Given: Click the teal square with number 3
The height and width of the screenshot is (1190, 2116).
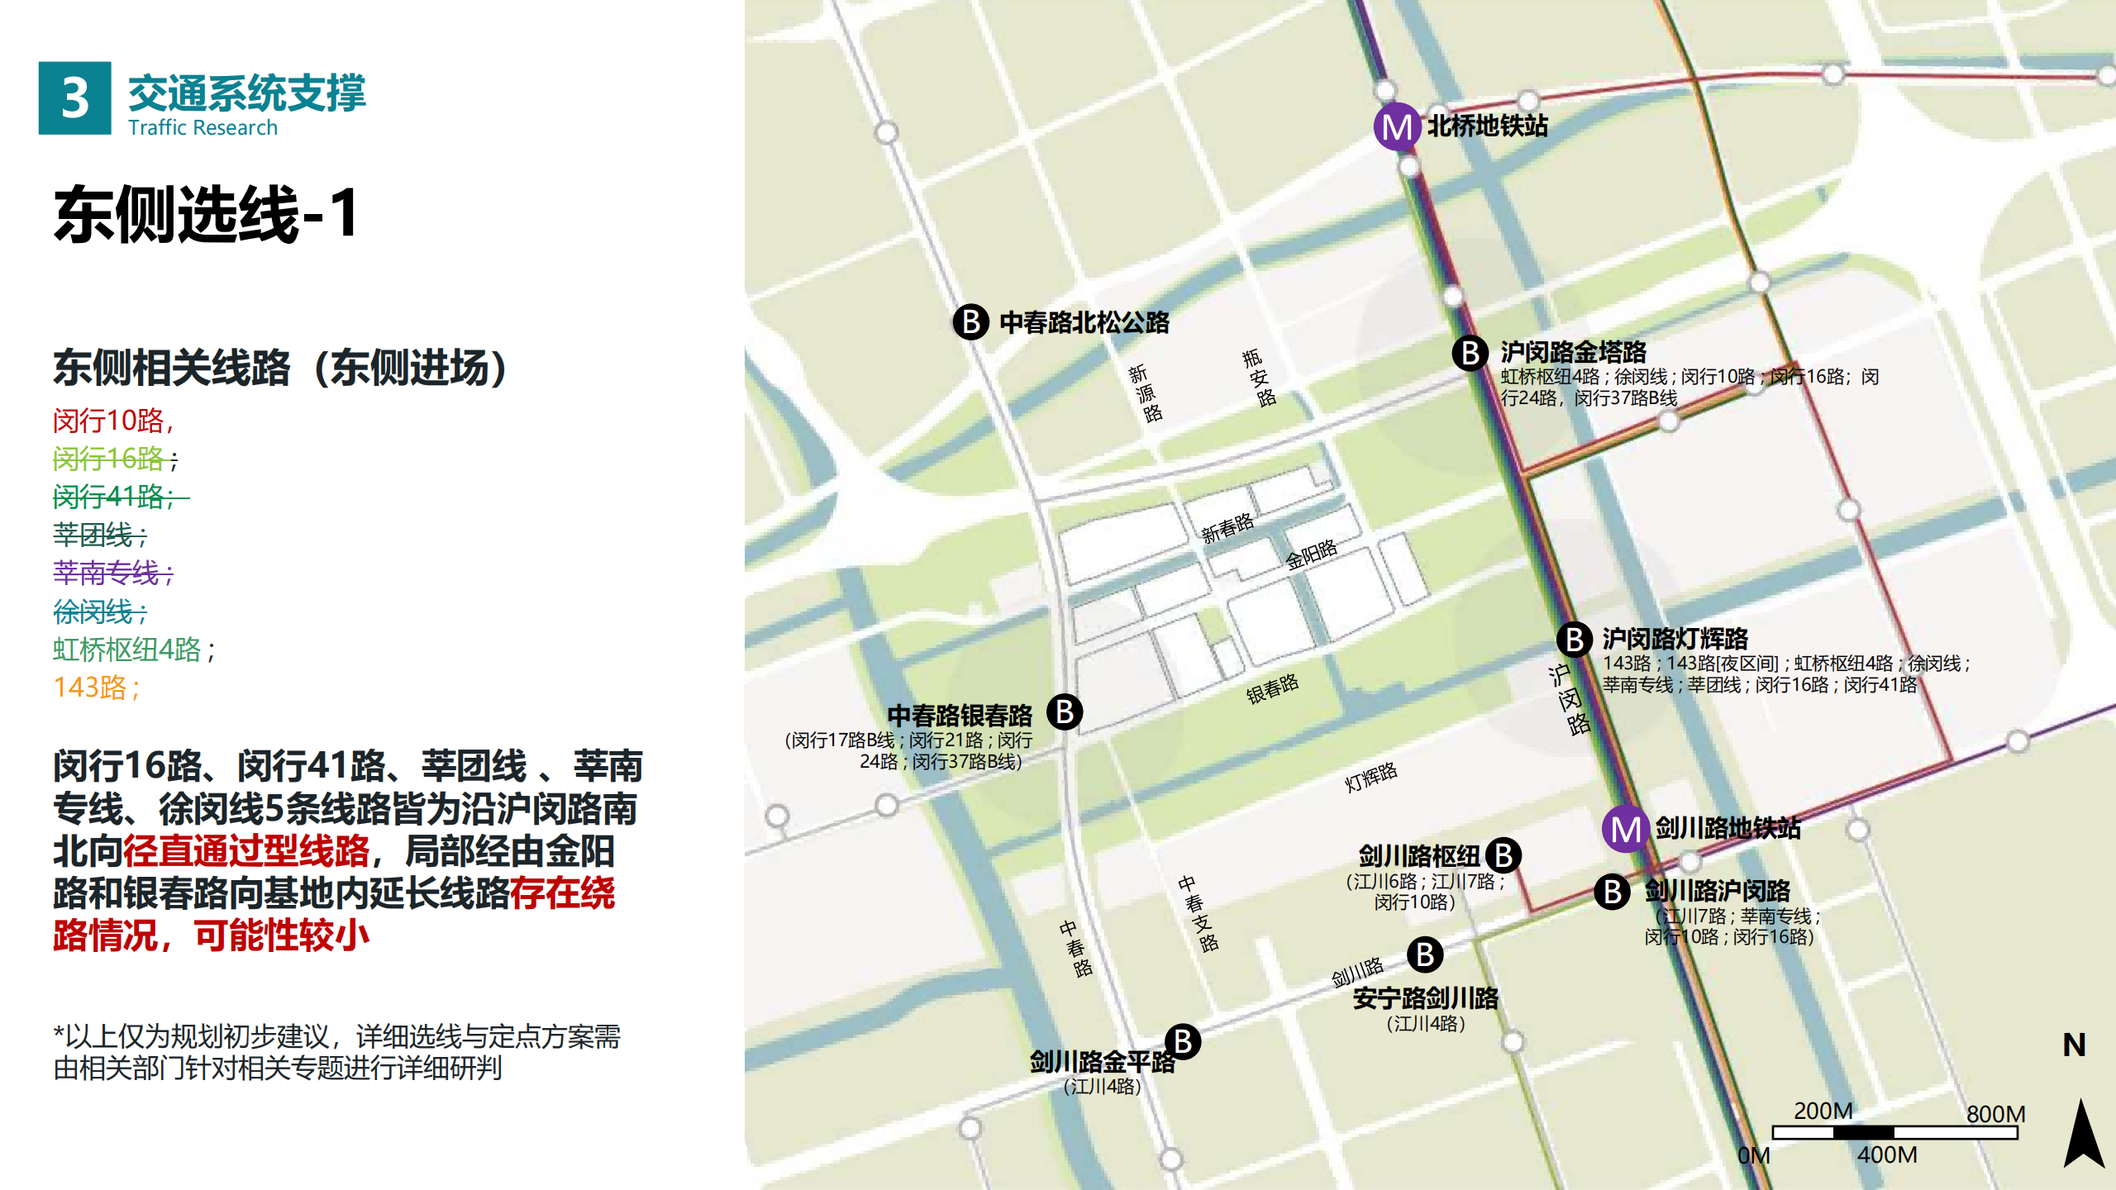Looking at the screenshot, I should pos(74,98).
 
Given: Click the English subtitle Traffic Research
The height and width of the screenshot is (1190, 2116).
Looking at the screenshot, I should pos(203,127).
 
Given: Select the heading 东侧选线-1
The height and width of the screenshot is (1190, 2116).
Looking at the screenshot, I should pos(207,214).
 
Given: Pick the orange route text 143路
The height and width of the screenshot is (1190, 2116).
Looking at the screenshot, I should pos(96,688).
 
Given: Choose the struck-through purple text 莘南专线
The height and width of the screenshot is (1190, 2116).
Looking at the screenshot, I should pos(112,573).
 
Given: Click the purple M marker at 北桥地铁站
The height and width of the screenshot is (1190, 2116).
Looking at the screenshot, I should pos(1397,127).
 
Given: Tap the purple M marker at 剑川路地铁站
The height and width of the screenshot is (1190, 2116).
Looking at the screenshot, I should pos(1626,829).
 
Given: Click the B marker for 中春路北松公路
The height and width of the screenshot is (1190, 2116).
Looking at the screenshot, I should pos(971,321).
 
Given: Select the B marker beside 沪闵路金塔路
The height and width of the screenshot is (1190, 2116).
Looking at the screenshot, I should pos(1470,353).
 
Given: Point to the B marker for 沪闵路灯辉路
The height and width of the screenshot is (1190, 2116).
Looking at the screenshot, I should pos(1575,640).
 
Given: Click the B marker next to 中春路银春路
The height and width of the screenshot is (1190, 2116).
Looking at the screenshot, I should pos(1065,712).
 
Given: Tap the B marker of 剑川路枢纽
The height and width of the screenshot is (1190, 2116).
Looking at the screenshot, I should pos(1504,855).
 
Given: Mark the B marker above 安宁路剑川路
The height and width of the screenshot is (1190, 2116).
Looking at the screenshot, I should pos(1425,955).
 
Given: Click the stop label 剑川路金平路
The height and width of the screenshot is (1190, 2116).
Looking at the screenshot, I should pos(1101,1062).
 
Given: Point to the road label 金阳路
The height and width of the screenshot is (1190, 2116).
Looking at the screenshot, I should pos(1311,555).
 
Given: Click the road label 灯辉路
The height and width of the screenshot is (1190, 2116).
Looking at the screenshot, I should pos(1370,777).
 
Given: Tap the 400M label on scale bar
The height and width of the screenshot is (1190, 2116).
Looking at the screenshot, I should pos(1887,1154).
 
